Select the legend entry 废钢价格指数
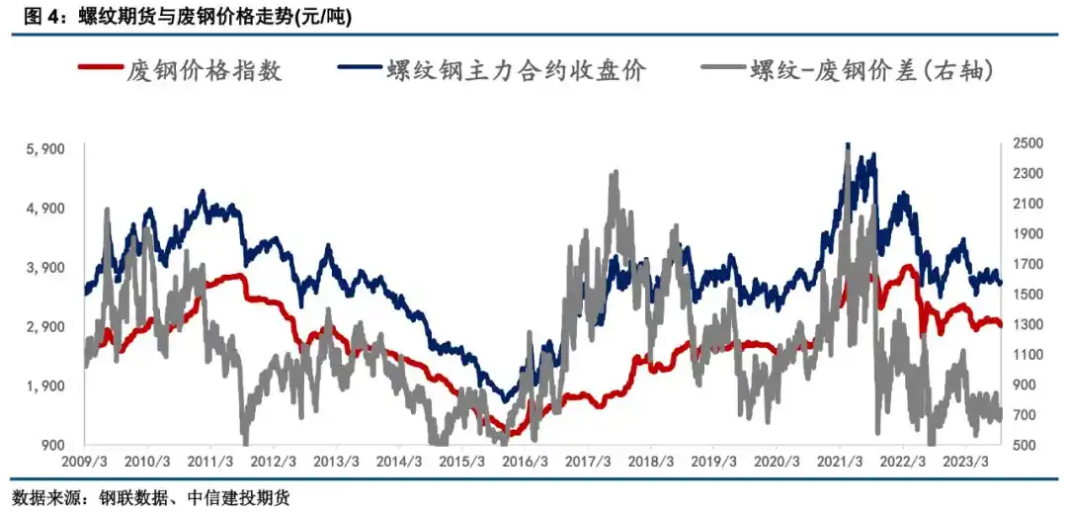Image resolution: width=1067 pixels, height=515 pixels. (204, 69)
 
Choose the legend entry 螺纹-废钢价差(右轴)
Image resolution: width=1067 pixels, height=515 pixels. (869, 69)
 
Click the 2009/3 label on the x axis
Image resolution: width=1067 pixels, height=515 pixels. (84, 463)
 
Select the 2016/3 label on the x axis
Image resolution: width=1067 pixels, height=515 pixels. (525, 463)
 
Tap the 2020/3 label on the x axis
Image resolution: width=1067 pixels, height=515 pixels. (777, 463)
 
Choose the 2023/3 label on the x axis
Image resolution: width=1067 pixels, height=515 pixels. (965, 463)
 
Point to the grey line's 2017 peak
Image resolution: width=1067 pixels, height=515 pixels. (615, 174)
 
